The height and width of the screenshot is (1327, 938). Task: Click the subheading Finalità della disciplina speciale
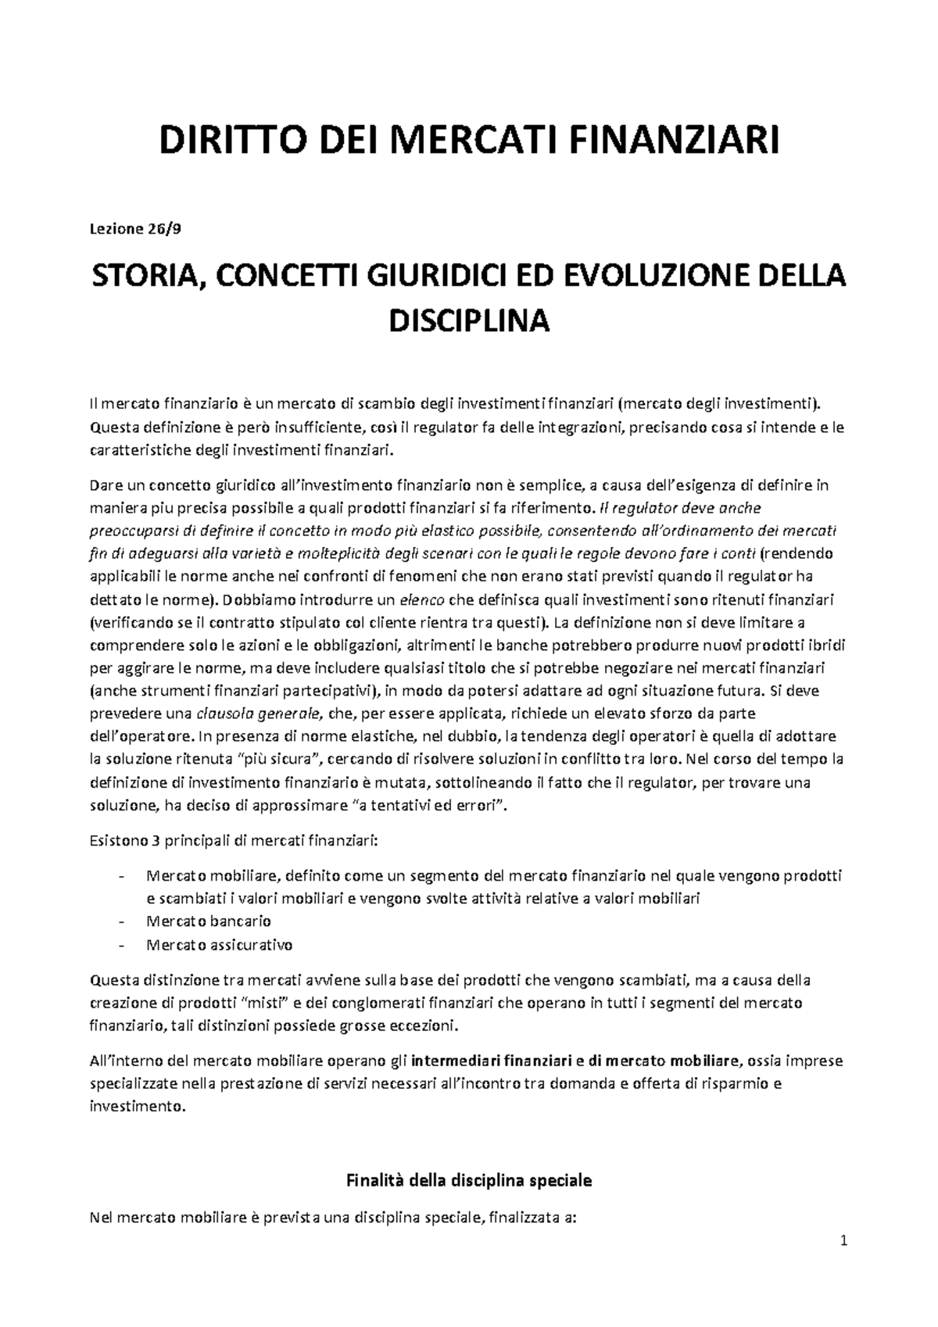click(x=469, y=1181)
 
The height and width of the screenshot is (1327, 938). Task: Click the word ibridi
click(x=825, y=646)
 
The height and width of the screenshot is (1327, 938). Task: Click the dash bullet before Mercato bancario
click(x=120, y=921)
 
